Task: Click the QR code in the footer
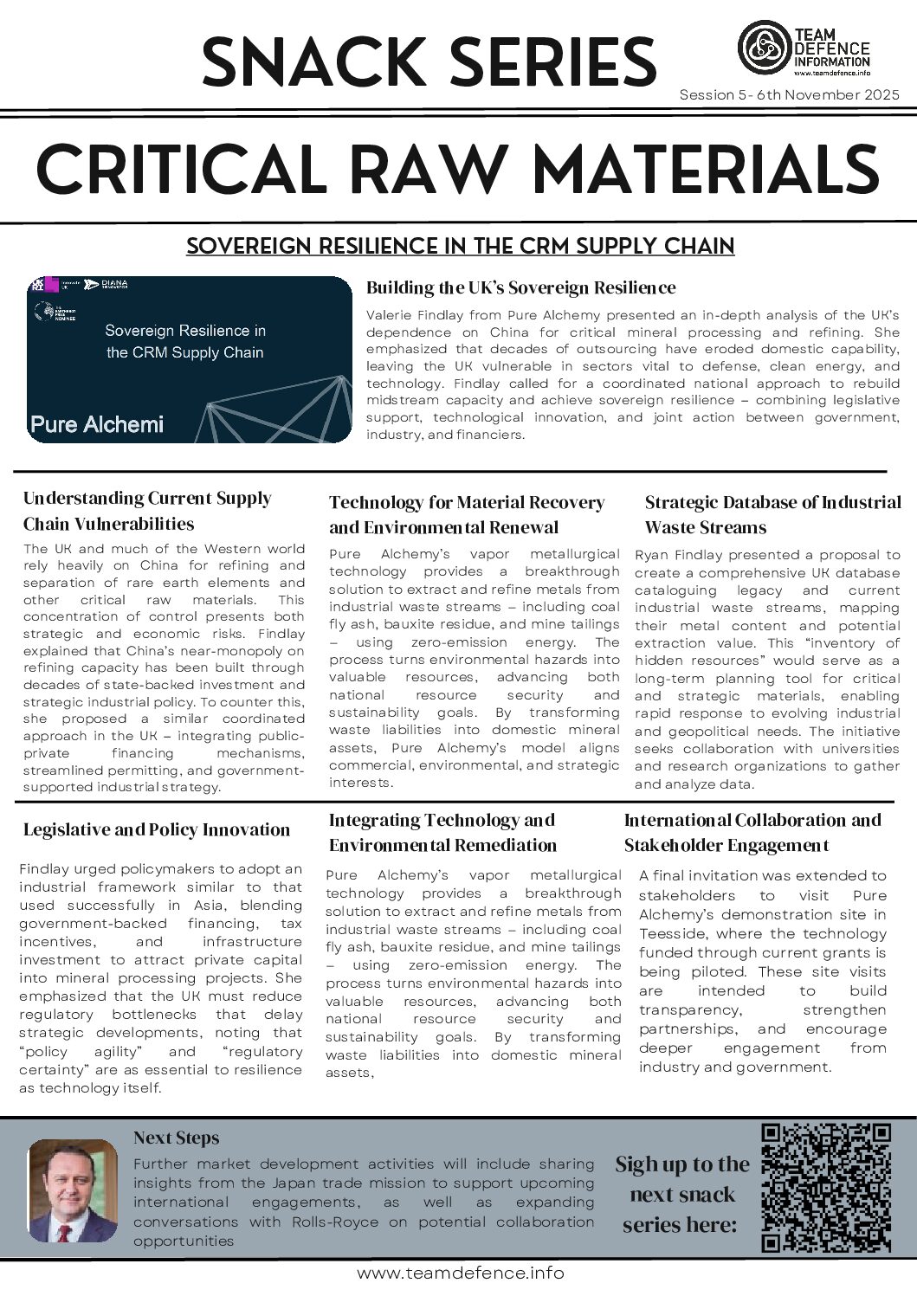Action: tap(825, 1187)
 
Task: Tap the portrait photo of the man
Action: tap(73, 1192)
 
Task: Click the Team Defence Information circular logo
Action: tap(762, 49)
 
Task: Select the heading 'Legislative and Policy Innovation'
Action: tap(157, 829)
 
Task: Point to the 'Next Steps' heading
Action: tap(176, 1138)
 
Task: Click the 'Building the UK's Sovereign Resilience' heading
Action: tap(520, 287)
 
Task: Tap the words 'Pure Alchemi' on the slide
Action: tap(96, 424)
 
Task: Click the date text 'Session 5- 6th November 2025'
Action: tap(789, 94)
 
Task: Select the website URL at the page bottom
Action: tap(460, 1273)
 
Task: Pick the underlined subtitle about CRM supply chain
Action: tap(460, 247)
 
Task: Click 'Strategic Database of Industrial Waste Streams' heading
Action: tap(772, 514)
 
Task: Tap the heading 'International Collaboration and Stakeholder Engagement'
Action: tap(752, 832)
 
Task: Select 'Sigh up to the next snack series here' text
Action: tap(681, 1195)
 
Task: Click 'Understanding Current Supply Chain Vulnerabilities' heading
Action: tap(147, 511)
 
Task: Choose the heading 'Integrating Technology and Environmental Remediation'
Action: tap(442, 832)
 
